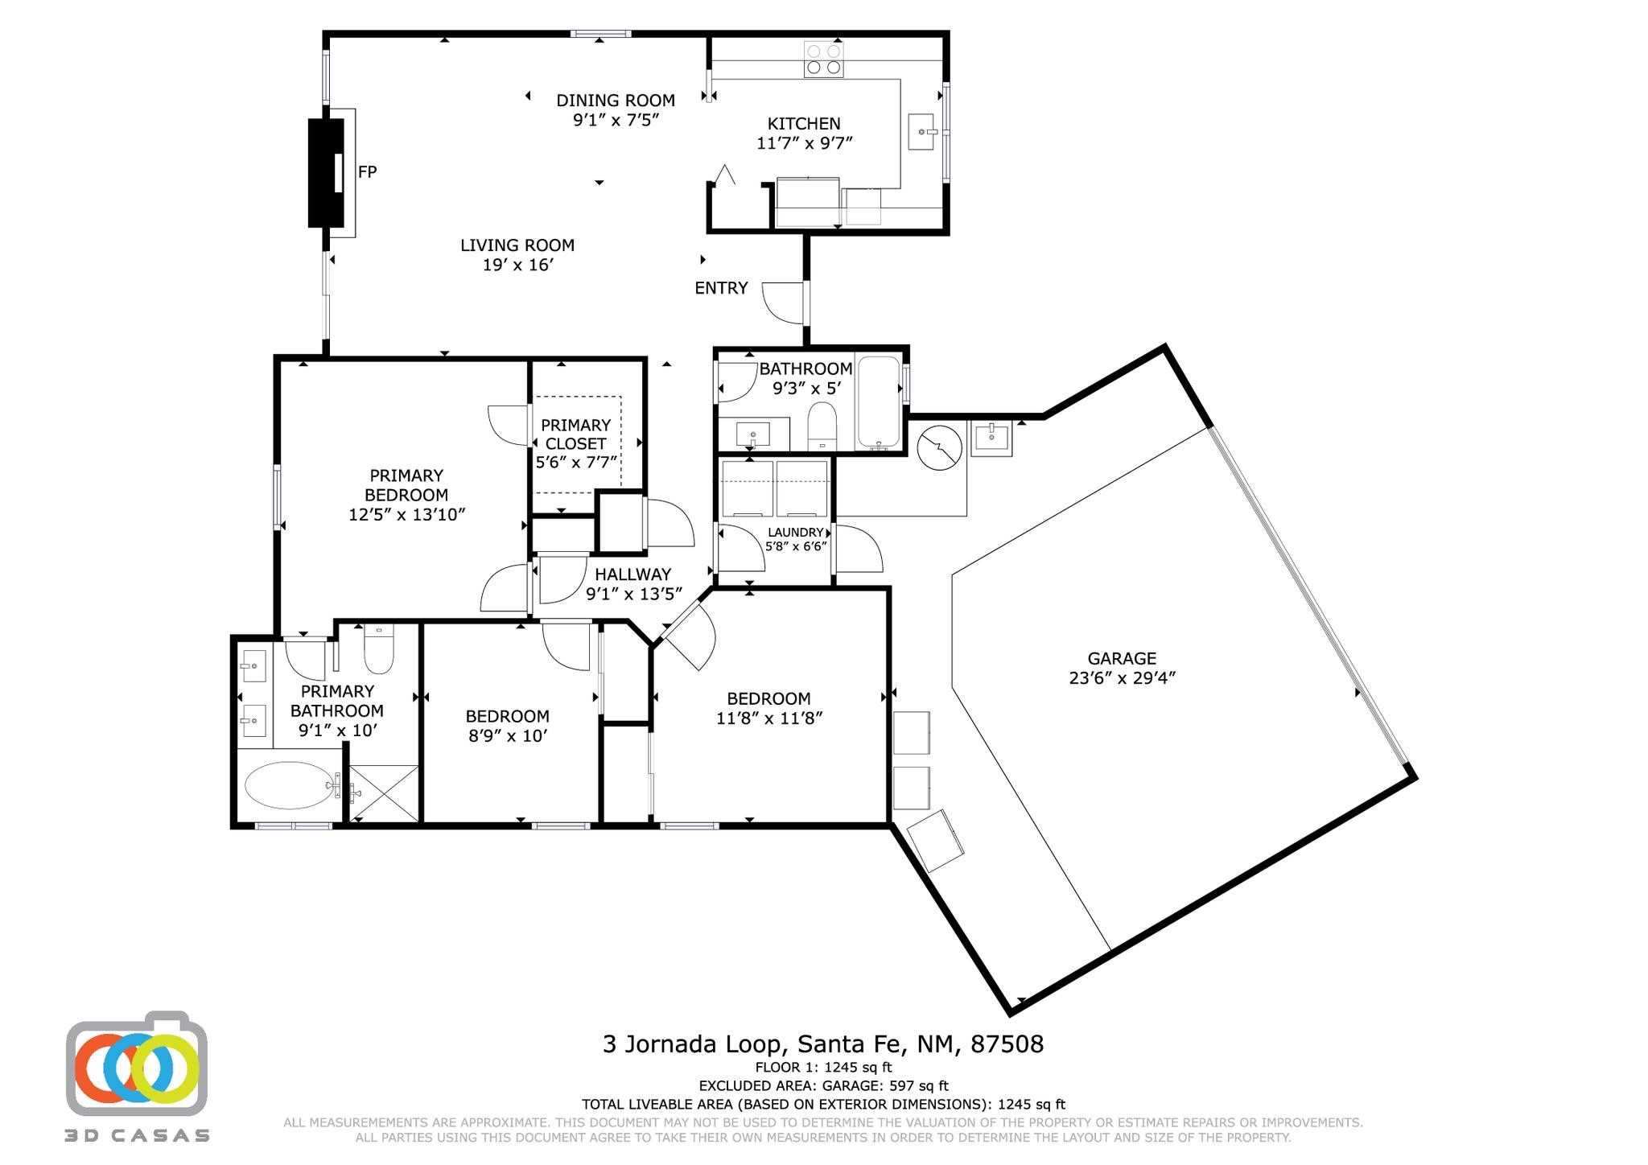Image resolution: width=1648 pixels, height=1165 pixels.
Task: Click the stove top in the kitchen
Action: click(x=823, y=59)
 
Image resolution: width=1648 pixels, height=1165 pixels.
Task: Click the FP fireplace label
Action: click(x=367, y=171)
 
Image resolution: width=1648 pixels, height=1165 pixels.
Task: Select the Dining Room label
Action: click(x=616, y=101)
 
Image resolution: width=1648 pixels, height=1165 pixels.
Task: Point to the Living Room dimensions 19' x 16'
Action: click(x=517, y=265)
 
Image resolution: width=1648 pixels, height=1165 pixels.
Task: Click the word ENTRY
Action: click(x=721, y=288)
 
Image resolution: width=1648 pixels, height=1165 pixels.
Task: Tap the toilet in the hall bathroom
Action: click(x=822, y=426)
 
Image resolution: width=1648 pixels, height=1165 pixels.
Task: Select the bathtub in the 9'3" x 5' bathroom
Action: click(x=879, y=402)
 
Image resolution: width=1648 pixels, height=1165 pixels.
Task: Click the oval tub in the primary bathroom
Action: click(x=290, y=785)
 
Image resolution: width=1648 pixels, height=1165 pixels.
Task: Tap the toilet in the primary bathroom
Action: click(x=378, y=649)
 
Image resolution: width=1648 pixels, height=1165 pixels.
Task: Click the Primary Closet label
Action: click(x=575, y=434)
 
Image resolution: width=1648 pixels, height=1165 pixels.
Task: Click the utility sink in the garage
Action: click(x=991, y=438)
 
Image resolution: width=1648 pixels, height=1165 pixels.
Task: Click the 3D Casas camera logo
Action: click(x=137, y=1064)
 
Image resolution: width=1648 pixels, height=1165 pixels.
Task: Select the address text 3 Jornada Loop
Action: click(x=692, y=1044)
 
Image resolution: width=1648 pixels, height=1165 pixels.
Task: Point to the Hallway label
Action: click(x=632, y=574)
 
